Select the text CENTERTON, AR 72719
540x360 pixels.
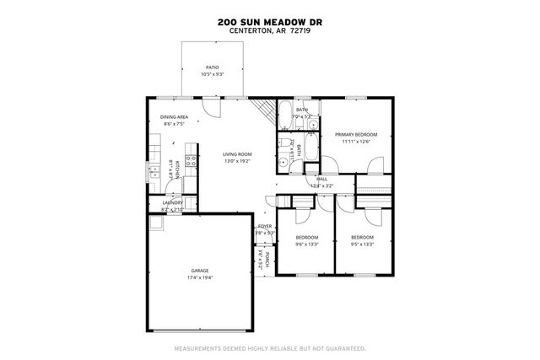click(269, 33)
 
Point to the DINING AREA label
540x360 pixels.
click(174, 117)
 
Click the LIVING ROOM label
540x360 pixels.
click(237, 154)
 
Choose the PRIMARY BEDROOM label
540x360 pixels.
click(355, 135)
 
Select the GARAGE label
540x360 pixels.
click(199, 271)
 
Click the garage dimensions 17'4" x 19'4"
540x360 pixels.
click(199, 277)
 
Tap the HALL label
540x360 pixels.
click(321, 179)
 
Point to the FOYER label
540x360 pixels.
click(265, 226)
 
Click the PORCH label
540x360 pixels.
click(267, 259)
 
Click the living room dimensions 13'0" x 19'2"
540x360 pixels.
click(237, 161)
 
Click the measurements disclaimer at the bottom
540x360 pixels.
click(269, 347)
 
